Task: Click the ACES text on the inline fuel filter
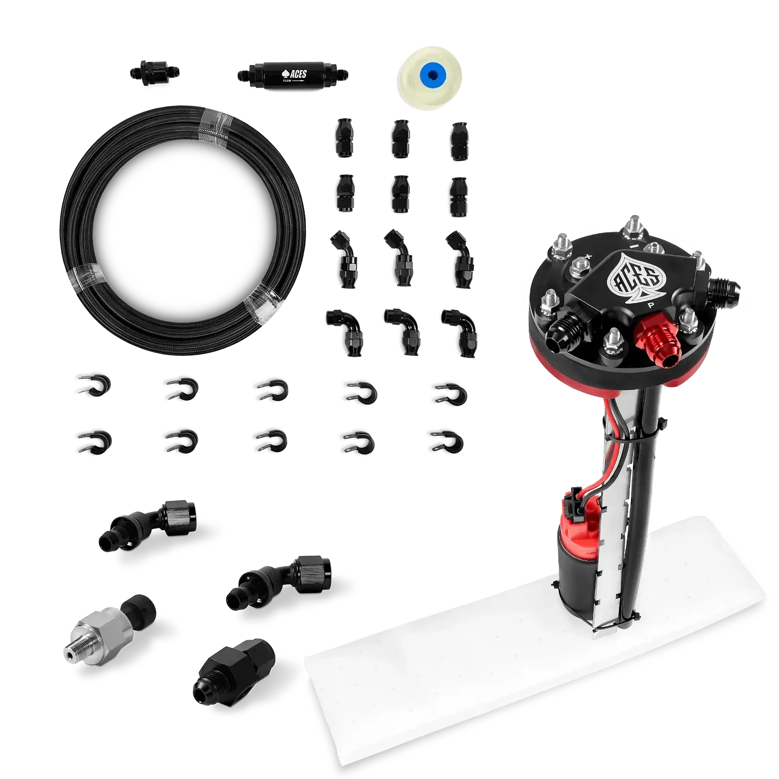[x=297, y=74]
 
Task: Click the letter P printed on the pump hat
[x=650, y=306]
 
